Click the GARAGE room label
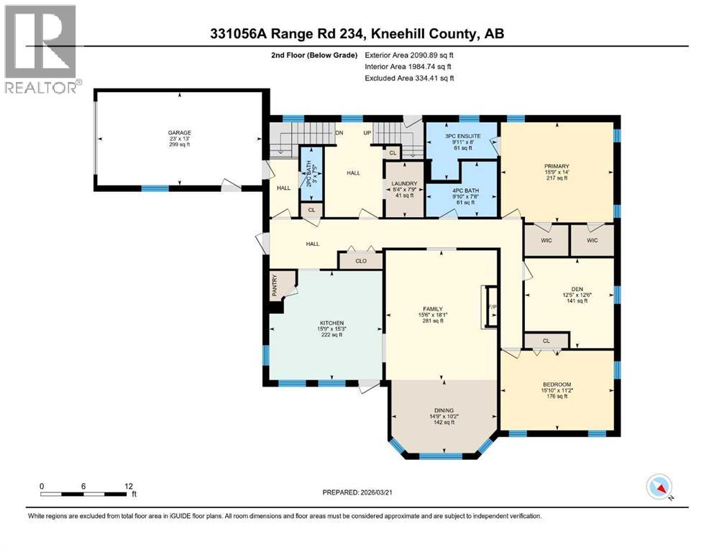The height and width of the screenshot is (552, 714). [179, 133]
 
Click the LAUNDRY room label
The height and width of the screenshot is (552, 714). [405, 184]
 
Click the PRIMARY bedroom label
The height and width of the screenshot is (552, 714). [557, 165]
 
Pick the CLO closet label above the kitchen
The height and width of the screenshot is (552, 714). [361, 262]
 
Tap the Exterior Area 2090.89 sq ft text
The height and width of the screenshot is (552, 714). [409, 55]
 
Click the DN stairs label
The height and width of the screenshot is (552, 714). [340, 133]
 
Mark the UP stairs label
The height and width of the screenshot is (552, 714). [367, 133]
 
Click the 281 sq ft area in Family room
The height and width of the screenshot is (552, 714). [441, 321]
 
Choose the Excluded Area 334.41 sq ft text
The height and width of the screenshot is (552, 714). [409, 78]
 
